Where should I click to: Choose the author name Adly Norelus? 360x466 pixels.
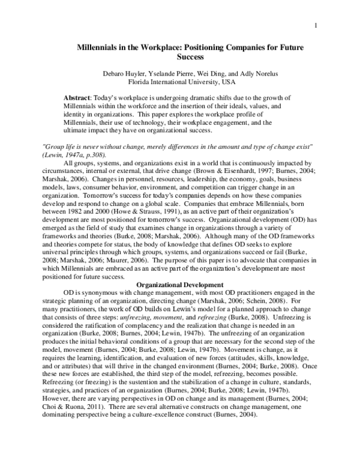pos(263,74)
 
